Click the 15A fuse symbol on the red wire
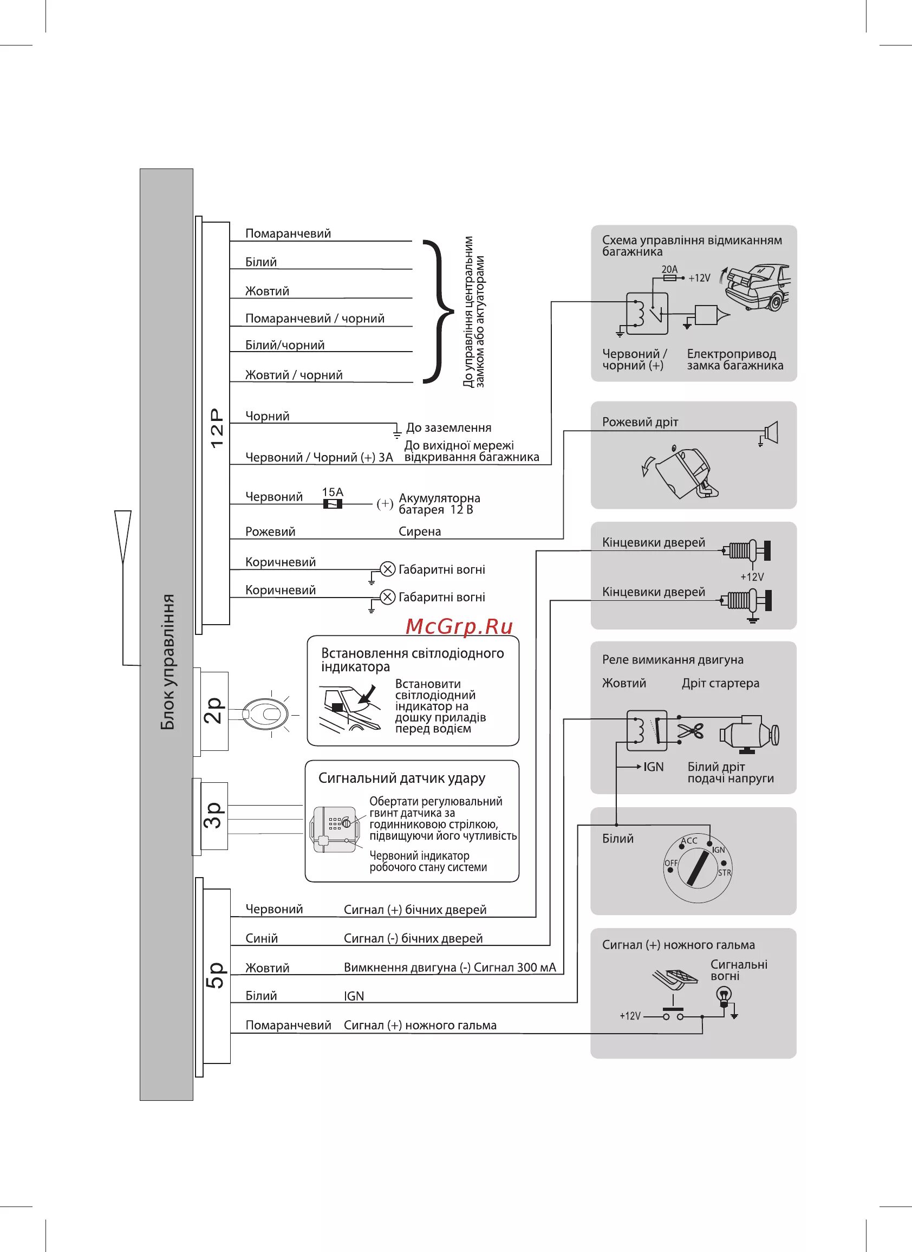coord(333,504)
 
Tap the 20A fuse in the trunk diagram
coord(669,278)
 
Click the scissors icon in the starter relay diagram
coord(690,732)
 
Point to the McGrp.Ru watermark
coord(459,626)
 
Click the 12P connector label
coord(217,427)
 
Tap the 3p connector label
coord(214,815)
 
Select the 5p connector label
coord(216,975)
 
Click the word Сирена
coord(420,531)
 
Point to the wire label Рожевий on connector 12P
coord(270,531)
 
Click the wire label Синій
coord(261,938)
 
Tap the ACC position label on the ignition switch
coord(689,841)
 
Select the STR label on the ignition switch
coord(724,873)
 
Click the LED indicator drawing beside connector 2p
coord(266,715)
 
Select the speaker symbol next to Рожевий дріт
coord(771,432)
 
